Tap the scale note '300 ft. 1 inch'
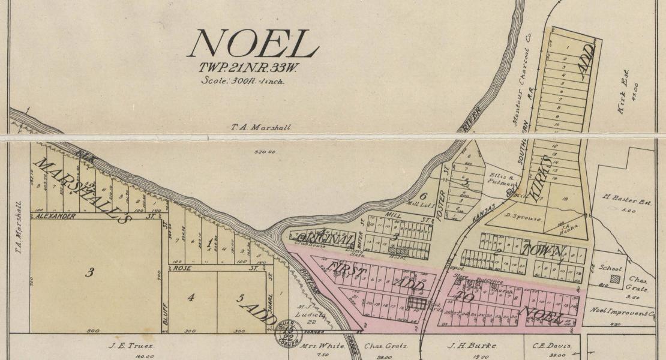242,80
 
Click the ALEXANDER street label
56,216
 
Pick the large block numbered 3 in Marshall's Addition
89,273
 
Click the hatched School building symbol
614,278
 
